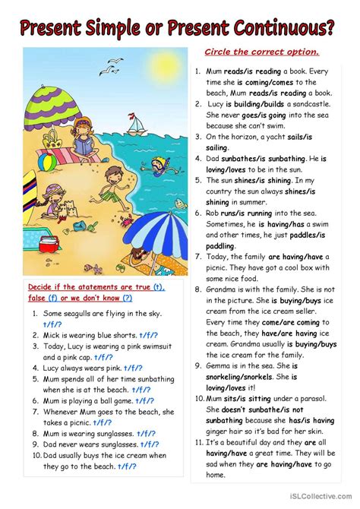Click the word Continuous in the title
pos(284,28)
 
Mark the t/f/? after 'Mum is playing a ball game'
pos(144,400)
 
